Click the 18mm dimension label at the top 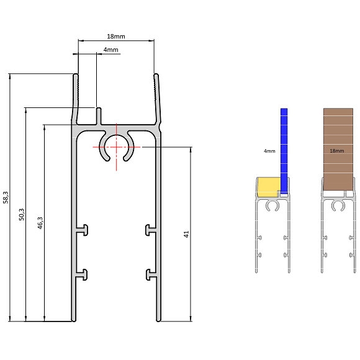(x=116, y=36)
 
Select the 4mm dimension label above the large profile (x=110, y=50)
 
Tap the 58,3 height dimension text (x=6, y=197)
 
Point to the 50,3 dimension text (x=21, y=214)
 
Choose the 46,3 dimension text (x=40, y=223)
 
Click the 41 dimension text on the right (x=186, y=234)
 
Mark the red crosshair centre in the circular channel (x=117, y=147)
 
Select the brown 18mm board (x=338, y=149)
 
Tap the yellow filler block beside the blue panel (x=268, y=187)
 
